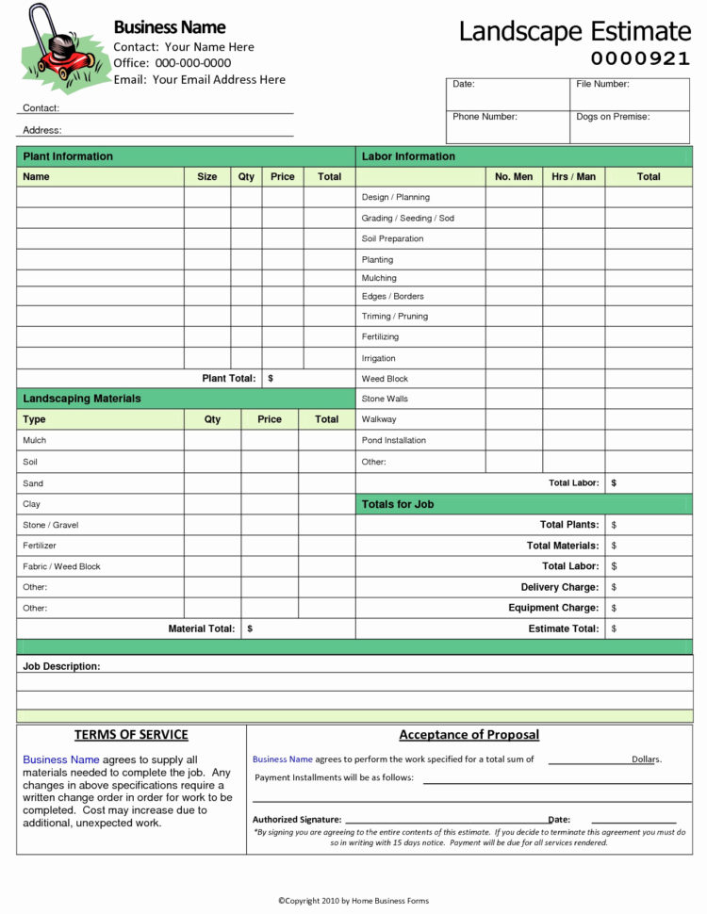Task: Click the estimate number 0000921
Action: click(640, 58)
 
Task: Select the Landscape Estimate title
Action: click(574, 30)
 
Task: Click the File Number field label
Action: click(602, 84)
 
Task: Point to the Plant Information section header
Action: click(68, 156)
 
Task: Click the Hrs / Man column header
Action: click(573, 176)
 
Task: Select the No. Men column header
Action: click(514, 176)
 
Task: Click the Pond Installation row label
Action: click(393, 440)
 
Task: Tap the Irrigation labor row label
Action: click(378, 358)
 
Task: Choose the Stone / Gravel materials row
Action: click(50, 525)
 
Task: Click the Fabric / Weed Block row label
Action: click(61, 566)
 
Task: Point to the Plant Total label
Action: click(229, 378)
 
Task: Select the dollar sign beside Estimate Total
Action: click(614, 628)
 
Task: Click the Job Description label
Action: click(61, 666)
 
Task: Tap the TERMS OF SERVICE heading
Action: click(131, 735)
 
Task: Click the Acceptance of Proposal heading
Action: click(469, 735)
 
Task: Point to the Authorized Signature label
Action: click(297, 820)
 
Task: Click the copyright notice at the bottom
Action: click(353, 901)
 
